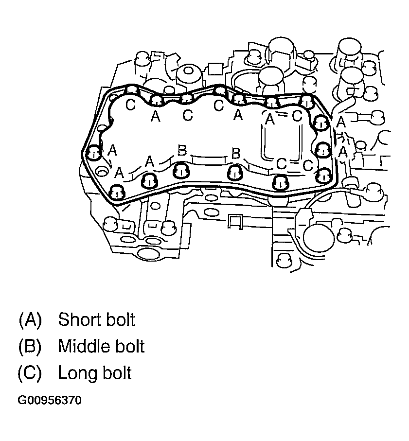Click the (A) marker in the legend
pyautogui.click(x=30, y=320)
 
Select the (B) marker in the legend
pyautogui.click(x=30, y=347)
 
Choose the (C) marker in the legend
pyautogui.click(x=30, y=373)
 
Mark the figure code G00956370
pyautogui.click(x=50, y=401)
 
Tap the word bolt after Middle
pyautogui.click(x=129, y=346)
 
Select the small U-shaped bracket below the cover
pyautogui.click(x=235, y=221)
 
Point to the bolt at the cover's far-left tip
pyautogui.click(x=93, y=154)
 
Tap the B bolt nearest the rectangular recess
pyautogui.click(x=235, y=171)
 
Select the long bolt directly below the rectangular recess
pyautogui.click(x=280, y=182)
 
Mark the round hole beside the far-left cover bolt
pyautogui.click(x=102, y=172)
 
